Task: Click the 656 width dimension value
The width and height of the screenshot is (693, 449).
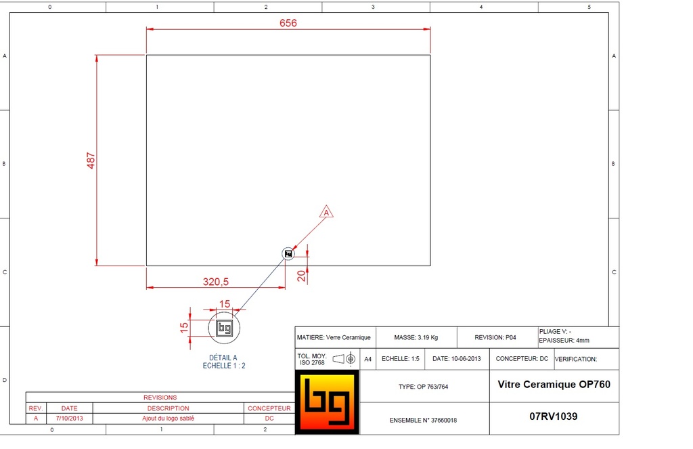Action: pos(288,23)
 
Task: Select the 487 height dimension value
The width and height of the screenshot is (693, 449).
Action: pos(91,161)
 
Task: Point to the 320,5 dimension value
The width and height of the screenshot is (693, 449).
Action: pos(216,282)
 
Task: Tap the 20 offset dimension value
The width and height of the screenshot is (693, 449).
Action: pos(301,276)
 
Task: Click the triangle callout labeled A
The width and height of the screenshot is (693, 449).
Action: pos(326,212)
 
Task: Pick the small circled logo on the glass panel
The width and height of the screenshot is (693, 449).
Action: pos(288,253)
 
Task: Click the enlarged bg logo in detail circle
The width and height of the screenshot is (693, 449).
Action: pos(224,328)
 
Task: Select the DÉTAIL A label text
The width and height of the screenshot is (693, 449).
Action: pos(223,358)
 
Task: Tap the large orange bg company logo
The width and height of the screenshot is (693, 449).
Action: pos(327,402)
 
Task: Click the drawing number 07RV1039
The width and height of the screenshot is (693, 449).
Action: pos(554,416)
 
